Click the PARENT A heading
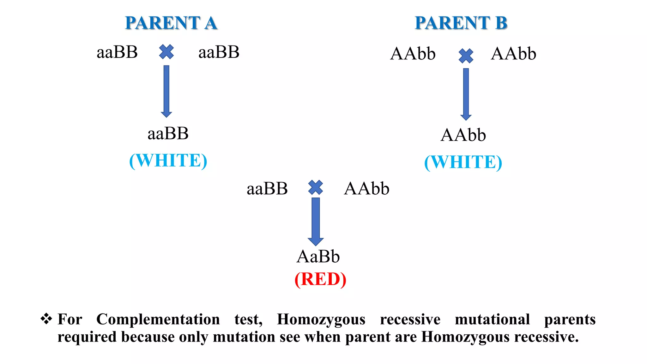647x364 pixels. click(171, 23)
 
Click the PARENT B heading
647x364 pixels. click(461, 23)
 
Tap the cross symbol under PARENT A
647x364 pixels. click(166, 52)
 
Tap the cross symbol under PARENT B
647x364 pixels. click(466, 56)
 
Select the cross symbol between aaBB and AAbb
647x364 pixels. click(316, 187)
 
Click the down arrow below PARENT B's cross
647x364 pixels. click(466, 94)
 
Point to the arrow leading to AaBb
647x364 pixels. click(316, 221)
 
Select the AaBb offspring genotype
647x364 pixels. click(318, 256)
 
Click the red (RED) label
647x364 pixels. click(320, 279)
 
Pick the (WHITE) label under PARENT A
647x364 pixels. click(168, 161)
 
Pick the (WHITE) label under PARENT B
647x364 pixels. click(463, 162)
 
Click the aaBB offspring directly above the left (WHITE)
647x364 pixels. click(168, 133)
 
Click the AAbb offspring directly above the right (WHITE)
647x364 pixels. click(463, 135)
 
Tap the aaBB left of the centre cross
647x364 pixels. click(267, 189)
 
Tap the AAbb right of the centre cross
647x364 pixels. click(366, 189)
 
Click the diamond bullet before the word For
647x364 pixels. click(46, 318)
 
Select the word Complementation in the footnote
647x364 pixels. click(158, 319)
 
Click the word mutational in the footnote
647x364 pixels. click(492, 319)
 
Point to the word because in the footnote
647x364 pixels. click(148, 337)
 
